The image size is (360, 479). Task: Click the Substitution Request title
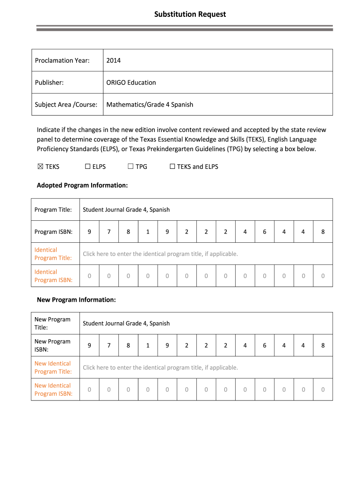pyautogui.click(x=190, y=15)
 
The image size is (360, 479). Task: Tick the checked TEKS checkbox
pyautogui.click(x=40, y=167)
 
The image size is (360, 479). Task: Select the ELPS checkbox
pyautogui.click(x=87, y=167)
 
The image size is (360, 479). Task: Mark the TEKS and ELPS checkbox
pyautogui.click(x=172, y=167)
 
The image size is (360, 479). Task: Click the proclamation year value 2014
pyautogui.click(x=113, y=60)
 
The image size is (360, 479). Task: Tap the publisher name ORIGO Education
pyautogui.click(x=131, y=82)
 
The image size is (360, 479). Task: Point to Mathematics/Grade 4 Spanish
pyautogui.click(x=150, y=104)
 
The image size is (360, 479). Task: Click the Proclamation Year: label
pyautogui.click(x=62, y=60)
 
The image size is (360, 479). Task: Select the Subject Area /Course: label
pyautogui.click(x=66, y=104)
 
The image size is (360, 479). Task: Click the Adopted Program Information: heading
pyautogui.click(x=82, y=185)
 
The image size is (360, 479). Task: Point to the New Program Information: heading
pyautogui.click(x=76, y=299)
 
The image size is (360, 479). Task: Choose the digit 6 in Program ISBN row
pyautogui.click(x=264, y=232)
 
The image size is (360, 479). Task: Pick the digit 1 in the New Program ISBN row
pyautogui.click(x=148, y=345)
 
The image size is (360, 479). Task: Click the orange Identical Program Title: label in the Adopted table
pyautogui.click(x=53, y=254)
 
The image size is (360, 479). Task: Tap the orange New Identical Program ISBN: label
pyautogui.click(x=53, y=389)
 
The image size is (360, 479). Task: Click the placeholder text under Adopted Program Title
pyautogui.click(x=160, y=254)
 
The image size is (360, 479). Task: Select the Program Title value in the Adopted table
pyautogui.click(x=126, y=210)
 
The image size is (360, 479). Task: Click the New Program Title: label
pyautogui.click(x=52, y=323)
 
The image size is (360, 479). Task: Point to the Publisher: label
pyautogui.click(x=49, y=82)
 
